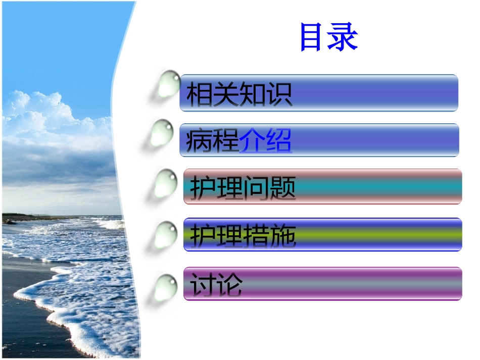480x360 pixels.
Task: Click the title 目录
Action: coord(328,37)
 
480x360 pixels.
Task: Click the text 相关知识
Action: coord(239,94)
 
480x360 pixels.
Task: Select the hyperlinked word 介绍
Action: coord(265,141)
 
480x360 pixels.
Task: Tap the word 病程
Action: coord(212,141)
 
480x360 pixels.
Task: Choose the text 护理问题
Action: coord(243,188)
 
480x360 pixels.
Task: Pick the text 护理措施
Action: coord(243,235)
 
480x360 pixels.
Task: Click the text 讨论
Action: coord(216,285)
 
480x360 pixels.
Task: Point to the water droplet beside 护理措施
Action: coord(166,235)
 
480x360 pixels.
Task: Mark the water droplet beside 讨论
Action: coord(166,288)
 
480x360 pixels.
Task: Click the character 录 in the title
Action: coord(343,37)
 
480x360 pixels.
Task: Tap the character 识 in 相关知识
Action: coord(279,94)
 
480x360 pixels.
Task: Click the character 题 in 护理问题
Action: coord(282,188)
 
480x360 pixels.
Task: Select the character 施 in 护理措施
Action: coord(282,235)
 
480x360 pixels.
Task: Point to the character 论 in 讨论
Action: coord(229,285)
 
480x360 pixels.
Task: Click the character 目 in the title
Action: coord(313,37)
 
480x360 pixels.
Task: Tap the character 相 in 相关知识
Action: coord(199,94)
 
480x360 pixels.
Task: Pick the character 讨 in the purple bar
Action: coord(203,285)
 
